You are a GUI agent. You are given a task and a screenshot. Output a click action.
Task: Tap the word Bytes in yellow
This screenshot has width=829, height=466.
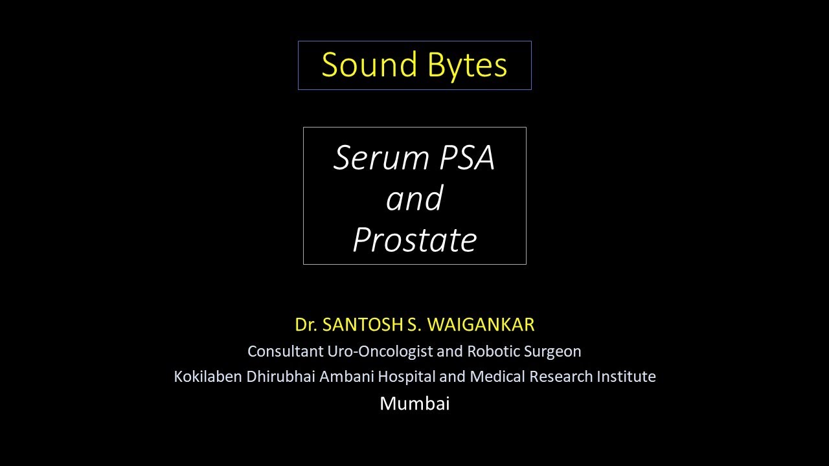click(468, 66)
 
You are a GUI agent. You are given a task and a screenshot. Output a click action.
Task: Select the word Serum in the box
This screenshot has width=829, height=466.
click(381, 158)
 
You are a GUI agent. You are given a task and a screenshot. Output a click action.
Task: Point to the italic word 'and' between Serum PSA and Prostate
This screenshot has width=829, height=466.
click(414, 198)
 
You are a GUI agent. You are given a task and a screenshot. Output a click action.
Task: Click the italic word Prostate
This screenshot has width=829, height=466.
click(415, 239)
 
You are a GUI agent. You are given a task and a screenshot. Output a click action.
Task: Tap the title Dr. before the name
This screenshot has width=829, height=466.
click(306, 325)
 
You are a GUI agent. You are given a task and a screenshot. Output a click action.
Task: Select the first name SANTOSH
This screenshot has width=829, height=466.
click(362, 325)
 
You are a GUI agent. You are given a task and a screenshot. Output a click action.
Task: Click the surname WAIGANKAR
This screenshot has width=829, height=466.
click(481, 325)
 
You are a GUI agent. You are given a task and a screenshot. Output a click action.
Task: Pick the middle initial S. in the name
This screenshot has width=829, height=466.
click(414, 325)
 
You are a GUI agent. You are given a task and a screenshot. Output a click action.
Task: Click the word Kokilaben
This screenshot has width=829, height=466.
click(208, 377)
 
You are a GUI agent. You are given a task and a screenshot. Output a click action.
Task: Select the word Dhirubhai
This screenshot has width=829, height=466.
click(281, 377)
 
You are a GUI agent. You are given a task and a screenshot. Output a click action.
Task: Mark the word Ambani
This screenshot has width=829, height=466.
click(346, 377)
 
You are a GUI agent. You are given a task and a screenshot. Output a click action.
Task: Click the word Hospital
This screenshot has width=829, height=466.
click(406, 377)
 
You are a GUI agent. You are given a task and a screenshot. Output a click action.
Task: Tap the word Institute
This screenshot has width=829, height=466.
click(626, 377)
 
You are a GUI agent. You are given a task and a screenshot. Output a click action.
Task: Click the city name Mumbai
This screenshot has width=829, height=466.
click(414, 403)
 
